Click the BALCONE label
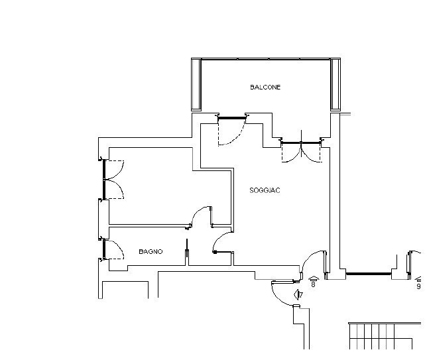pyautogui.click(x=265, y=88)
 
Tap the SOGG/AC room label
pyautogui.click(x=265, y=190)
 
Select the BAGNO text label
pyautogui.click(x=151, y=251)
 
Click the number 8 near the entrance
pyautogui.click(x=314, y=284)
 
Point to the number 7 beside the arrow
pyautogui.click(x=301, y=294)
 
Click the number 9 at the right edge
pyautogui.click(x=418, y=286)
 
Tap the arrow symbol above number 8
pyautogui.click(x=314, y=278)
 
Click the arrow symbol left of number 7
pyautogui.click(x=296, y=294)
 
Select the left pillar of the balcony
pyautogui.click(x=196, y=85)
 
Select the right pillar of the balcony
pyautogui.click(x=335, y=85)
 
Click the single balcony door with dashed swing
pyautogui.click(x=232, y=130)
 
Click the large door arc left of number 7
pyautogui.click(x=278, y=297)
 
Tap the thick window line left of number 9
pyautogui.click(x=369, y=274)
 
